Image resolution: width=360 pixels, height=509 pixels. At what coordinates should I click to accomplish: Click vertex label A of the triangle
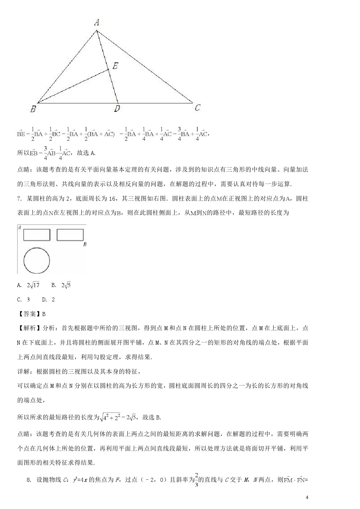97,22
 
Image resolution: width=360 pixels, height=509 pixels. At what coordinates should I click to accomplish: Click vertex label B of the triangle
33,108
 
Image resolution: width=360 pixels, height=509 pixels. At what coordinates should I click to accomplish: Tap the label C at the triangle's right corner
197,108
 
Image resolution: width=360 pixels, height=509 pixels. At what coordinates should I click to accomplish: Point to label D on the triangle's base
117,108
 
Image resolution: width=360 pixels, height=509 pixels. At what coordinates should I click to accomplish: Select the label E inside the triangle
115,66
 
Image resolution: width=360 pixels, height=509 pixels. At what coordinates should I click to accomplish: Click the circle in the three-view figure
37,260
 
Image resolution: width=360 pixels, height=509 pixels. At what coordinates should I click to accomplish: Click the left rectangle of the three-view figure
37,235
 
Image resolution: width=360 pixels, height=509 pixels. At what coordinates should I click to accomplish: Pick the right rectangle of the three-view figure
70,235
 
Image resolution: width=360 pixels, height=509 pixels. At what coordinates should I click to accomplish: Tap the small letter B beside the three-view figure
85,244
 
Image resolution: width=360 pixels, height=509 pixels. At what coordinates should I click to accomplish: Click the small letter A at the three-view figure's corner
19,227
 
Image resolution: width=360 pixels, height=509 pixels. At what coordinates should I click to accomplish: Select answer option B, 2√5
61,285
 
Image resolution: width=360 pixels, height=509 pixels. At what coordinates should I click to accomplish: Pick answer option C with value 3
24,299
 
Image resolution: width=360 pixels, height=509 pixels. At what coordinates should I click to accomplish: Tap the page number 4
307,497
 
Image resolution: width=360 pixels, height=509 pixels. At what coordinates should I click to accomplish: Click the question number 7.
19,198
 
